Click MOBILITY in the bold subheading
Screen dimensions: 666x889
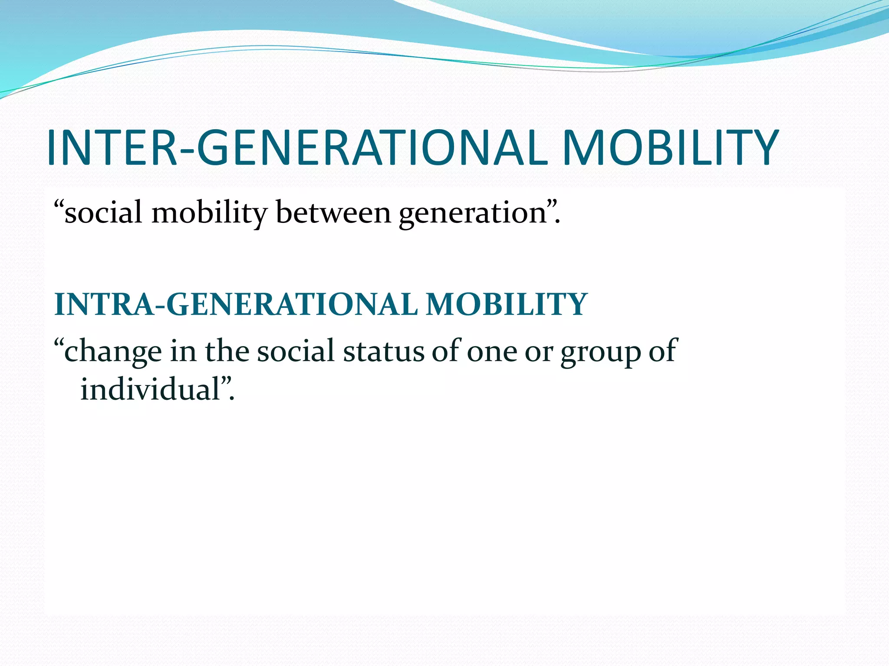pyautogui.click(x=507, y=304)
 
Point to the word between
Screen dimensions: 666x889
pyautogui.click(x=333, y=213)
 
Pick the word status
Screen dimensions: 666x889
pyautogui.click(x=383, y=351)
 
